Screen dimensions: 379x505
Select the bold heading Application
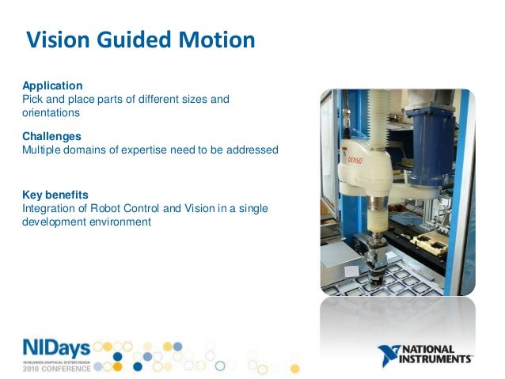51,85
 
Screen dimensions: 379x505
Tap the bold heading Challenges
51,136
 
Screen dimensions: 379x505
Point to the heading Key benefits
55,195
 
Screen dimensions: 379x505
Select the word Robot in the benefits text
106,208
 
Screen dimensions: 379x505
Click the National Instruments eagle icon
390,356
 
